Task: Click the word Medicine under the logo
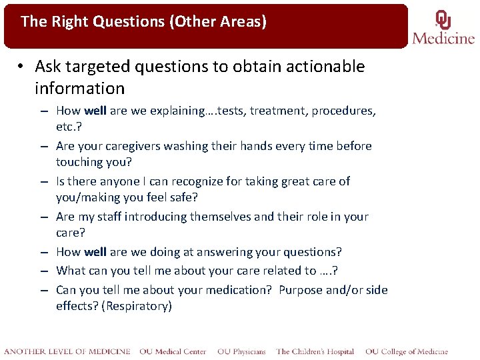pos(443,37)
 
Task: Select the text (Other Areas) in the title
pos(218,21)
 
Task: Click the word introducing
pos(155,217)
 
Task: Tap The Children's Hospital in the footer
pos(315,351)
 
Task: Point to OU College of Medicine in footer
pos(406,351)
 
